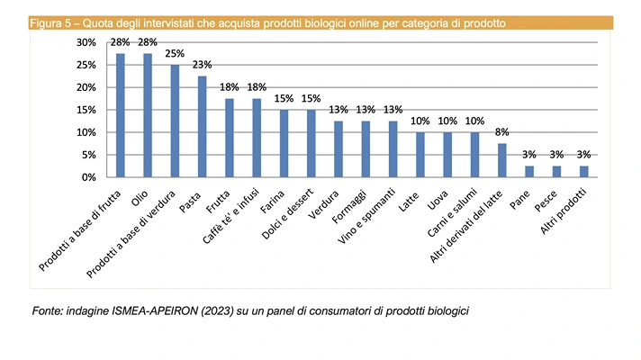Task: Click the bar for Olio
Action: point(148,115)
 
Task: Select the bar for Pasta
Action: point(203,127)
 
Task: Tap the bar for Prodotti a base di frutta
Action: point(121,115)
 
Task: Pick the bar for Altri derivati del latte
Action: point(501,160)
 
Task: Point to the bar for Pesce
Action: point(555,172)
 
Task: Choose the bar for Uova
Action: point(447,155)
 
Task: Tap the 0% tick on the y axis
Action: point(87,177)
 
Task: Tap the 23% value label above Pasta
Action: point(203,65)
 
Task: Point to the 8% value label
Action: point(501,131)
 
